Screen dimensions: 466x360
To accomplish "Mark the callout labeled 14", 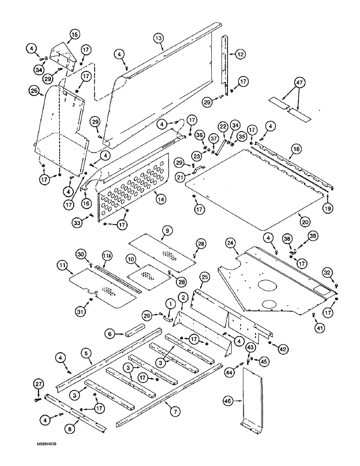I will (x=159, y=198).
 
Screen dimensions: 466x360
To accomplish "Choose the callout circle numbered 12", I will (x=239, y=55).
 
